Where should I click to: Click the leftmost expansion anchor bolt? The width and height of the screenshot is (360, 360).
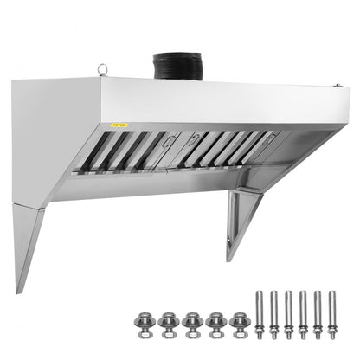[257, 312]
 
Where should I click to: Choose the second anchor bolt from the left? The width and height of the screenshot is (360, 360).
[273, 312]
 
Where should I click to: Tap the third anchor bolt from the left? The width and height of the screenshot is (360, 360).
[289, 312]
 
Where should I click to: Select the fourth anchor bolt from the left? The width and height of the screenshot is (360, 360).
[305, 312]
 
